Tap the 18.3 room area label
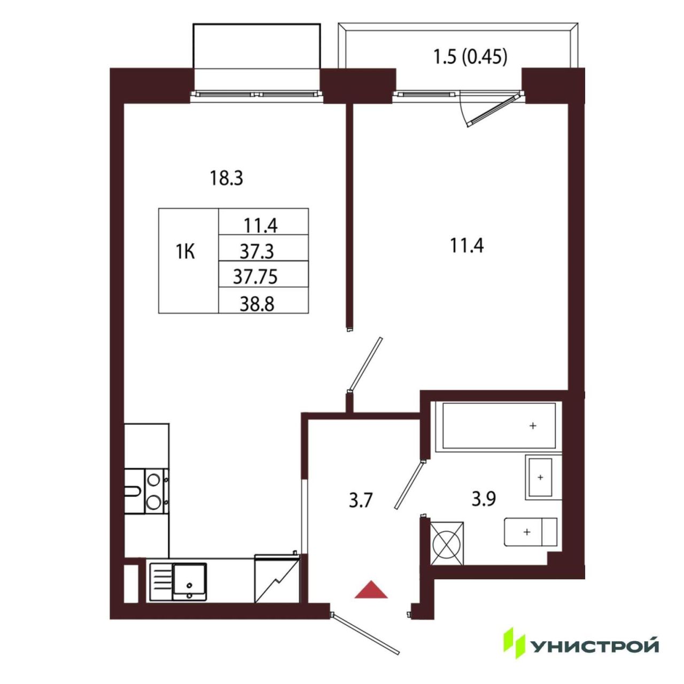pos(226,178)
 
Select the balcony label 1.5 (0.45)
pos(470,58)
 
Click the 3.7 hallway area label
pos(360,501)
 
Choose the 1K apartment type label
pos(185,252)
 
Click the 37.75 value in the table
pos(255,277)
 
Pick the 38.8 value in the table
pos(257,305)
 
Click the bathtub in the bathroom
pos(499,425)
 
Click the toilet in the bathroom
pos(531,532)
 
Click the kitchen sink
pos(178,582)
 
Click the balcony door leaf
pos(492,111)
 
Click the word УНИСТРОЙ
pos(595,646)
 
